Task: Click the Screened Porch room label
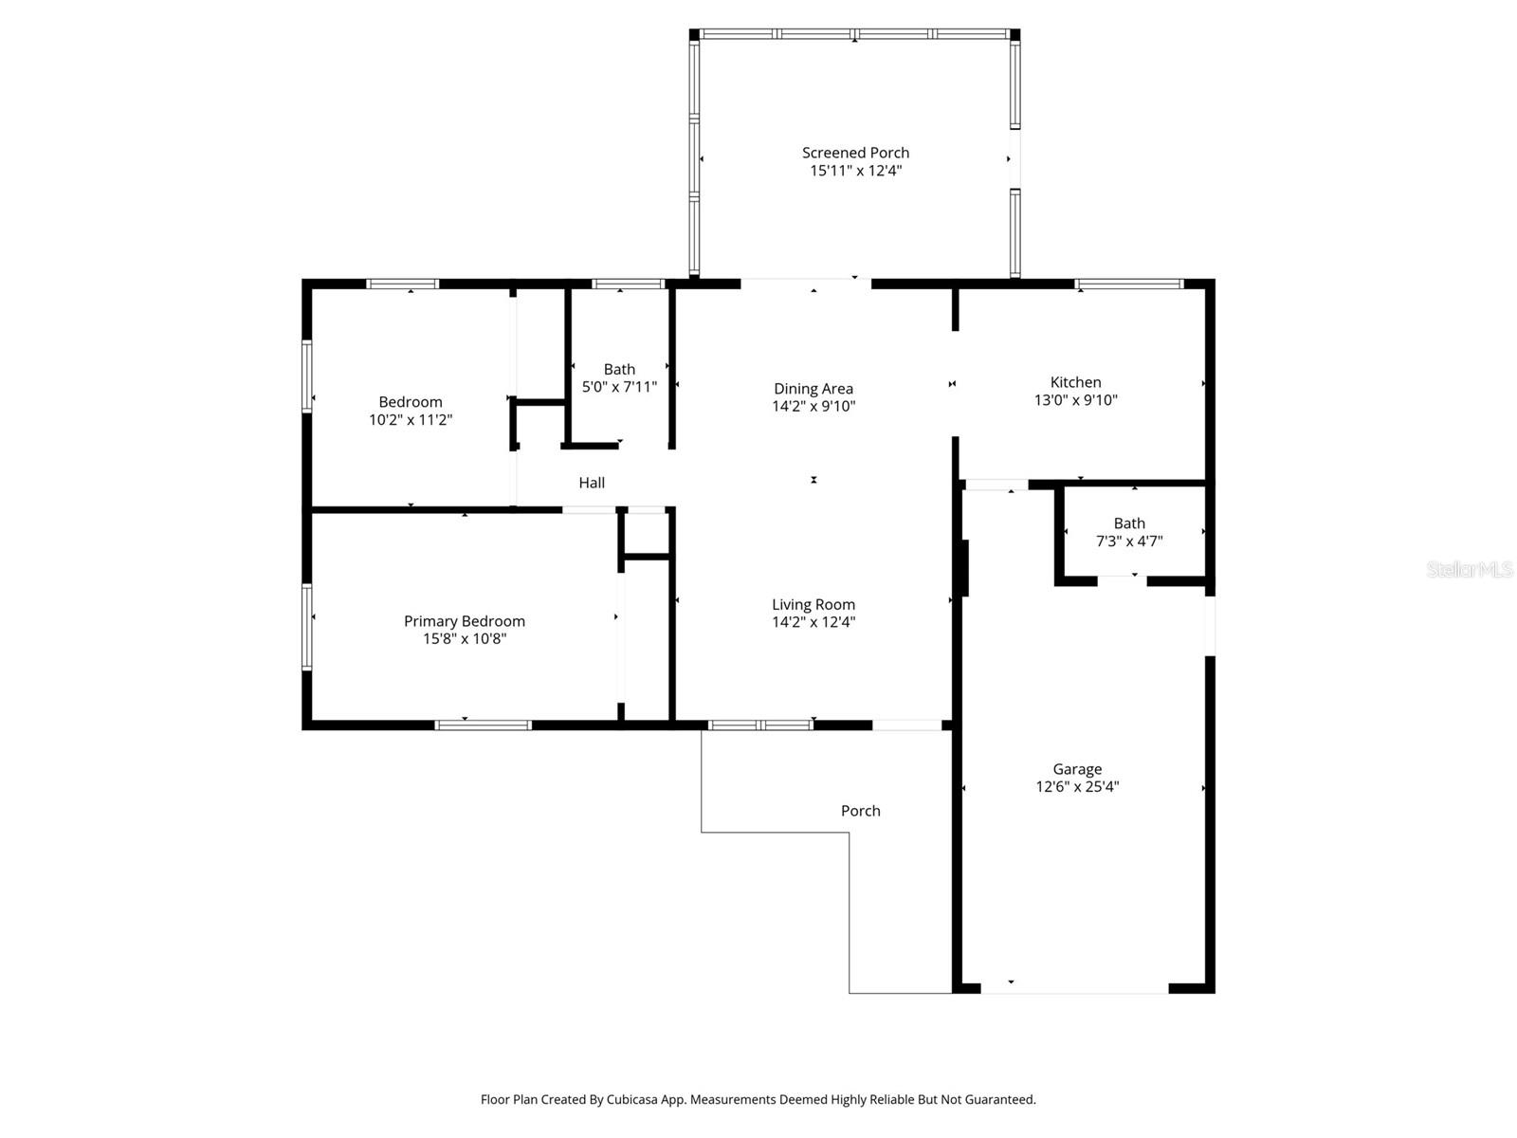[x=855, y=153]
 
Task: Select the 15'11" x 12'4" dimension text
[x=855, y=171]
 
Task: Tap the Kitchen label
[x=1075, y=382]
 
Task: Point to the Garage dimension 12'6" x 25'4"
[x=1077, y=786]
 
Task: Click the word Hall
[x=592, y=483]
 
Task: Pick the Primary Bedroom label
[x=465, y=621]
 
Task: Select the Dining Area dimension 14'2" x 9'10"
[x=813, y=406]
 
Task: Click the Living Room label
[x=813, y=604]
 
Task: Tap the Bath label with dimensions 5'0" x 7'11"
[x=619, y=369]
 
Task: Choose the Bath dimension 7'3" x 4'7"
[x=1129, y=541]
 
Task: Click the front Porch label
[x=860, y=811]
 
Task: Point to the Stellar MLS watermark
[x=1470, y=570]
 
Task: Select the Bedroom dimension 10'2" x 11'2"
[x=411, y=419]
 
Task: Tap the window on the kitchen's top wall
[x=1128, y=284]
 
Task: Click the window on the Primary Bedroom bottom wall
[x=483, y=725]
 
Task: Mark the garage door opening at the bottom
[x=1074, y=989]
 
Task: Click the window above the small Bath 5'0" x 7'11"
[x=628, y=284]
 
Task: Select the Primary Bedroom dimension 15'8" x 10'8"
[x=465, y=639]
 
